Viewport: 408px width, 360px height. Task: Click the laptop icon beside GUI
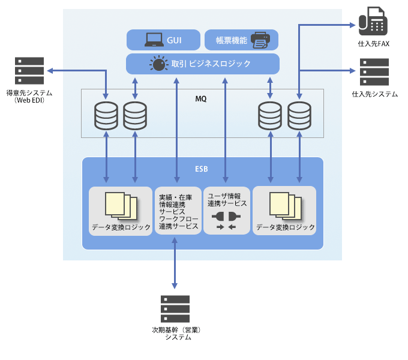click(x=154, y=40)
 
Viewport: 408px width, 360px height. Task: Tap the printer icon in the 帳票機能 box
click(x=260, y=40)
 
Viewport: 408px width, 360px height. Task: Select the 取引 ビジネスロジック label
click(x=211, y=64)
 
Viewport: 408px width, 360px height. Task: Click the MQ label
click(x=201, y=98)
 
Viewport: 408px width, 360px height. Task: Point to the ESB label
click(x=202, y=169)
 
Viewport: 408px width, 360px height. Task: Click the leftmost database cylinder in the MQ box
click(x=106, y=116)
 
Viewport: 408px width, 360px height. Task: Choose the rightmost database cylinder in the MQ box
click(x=299, y=116)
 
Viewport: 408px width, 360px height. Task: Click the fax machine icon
click(x=373, y=21)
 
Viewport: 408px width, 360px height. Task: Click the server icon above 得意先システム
click(x=29, y=71)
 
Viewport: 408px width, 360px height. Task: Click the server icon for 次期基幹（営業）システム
click(x=175, y=308)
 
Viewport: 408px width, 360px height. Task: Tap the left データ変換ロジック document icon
click(x=121, y=205)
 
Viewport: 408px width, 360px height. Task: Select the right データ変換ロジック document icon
click(x=286, y=205)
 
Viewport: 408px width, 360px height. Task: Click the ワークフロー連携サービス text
click(x=178, y=223)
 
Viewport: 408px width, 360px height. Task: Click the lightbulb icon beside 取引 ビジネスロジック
click(x=158, y=64)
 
